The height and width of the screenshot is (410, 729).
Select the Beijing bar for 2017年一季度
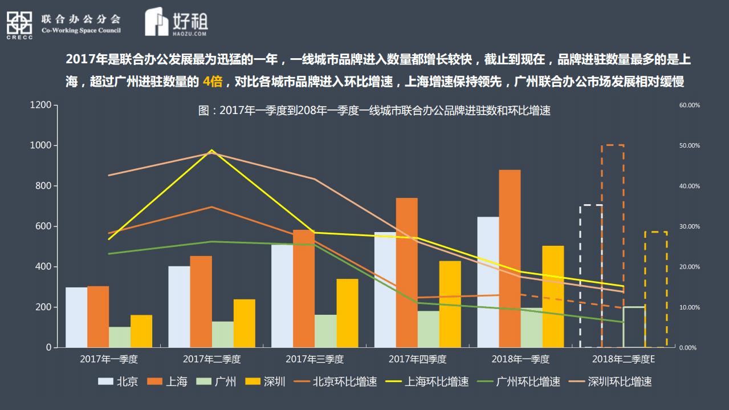tap(76, 317)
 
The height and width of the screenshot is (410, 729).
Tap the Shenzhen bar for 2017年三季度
tap(347, 313)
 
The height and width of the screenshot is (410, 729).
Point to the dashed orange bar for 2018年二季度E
tap(613, 246)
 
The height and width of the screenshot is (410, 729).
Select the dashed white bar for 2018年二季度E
tap(591, 276)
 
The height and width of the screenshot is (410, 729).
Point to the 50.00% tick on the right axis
tap(689, 146)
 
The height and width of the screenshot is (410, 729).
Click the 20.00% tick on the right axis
tap(689, 267)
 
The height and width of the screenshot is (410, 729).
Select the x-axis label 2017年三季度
tap(315, 359)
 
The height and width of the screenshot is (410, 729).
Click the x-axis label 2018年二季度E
tap(624, 359)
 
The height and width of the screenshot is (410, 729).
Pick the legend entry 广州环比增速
tap(528, 381)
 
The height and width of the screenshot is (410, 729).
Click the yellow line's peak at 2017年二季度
tap(212, 151)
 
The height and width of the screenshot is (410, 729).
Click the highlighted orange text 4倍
tap(212, 82)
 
